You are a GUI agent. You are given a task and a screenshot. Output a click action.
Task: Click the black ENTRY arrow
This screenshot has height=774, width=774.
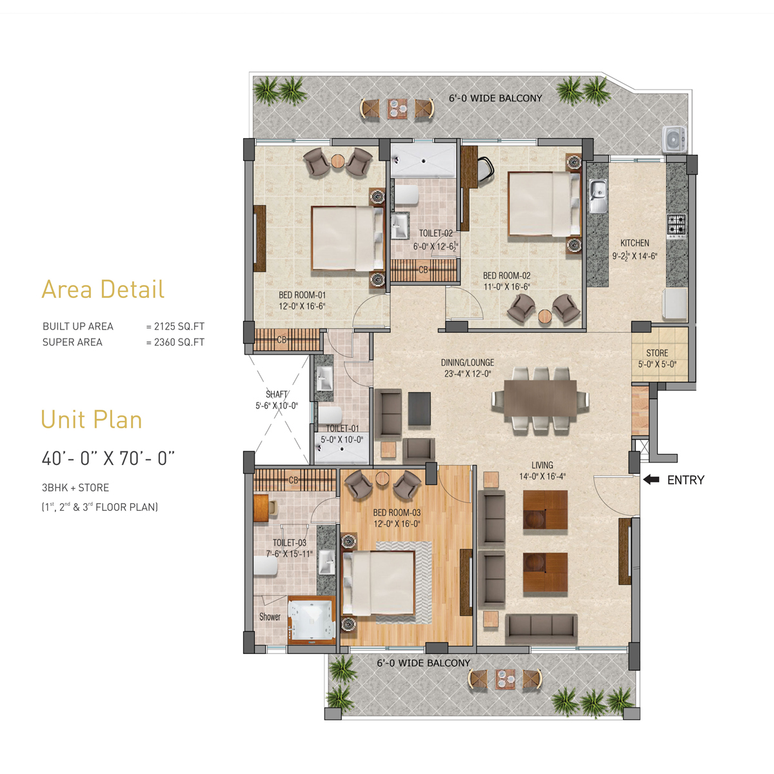[x=651, y=480]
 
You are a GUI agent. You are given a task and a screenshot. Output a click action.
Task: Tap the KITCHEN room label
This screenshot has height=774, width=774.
[x=635, y=243]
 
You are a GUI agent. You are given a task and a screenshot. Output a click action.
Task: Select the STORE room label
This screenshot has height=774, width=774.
[x=657, y=353]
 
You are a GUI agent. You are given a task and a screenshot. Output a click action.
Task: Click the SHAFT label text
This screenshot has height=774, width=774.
[x=276, y=394]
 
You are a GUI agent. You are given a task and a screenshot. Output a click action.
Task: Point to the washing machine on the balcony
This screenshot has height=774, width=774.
[x=675, y=139]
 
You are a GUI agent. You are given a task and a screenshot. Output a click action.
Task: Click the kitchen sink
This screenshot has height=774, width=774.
[x=598, y=195]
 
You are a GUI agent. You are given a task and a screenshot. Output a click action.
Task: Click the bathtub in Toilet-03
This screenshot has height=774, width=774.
[x=312, y=620]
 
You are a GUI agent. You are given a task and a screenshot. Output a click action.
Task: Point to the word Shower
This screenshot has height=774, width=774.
[x=270, y=617]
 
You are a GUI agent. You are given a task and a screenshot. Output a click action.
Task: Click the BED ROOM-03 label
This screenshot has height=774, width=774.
[x=397, y=513]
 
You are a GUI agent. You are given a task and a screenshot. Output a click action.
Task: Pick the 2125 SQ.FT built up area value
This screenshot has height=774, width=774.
[x=179, y=326]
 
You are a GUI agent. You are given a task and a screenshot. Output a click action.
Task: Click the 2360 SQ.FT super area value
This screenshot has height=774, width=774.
[x=179, y=342]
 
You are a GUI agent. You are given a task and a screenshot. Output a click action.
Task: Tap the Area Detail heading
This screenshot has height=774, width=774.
[x=103, y=289]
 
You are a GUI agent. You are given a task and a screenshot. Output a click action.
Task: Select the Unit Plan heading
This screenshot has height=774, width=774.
[x=92, y=420]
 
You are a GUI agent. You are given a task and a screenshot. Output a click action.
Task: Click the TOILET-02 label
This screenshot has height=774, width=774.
[x=436, y=233]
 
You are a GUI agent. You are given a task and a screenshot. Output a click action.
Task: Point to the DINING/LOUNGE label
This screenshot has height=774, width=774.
[x=468, y=362]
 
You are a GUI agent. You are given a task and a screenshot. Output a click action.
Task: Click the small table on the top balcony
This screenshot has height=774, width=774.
[x=397, y=108]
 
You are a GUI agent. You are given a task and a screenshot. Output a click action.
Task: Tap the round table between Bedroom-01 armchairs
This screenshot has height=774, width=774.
[x=338, y=161]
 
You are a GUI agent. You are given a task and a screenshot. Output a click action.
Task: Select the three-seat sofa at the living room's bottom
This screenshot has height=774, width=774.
[x=541, y=629]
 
